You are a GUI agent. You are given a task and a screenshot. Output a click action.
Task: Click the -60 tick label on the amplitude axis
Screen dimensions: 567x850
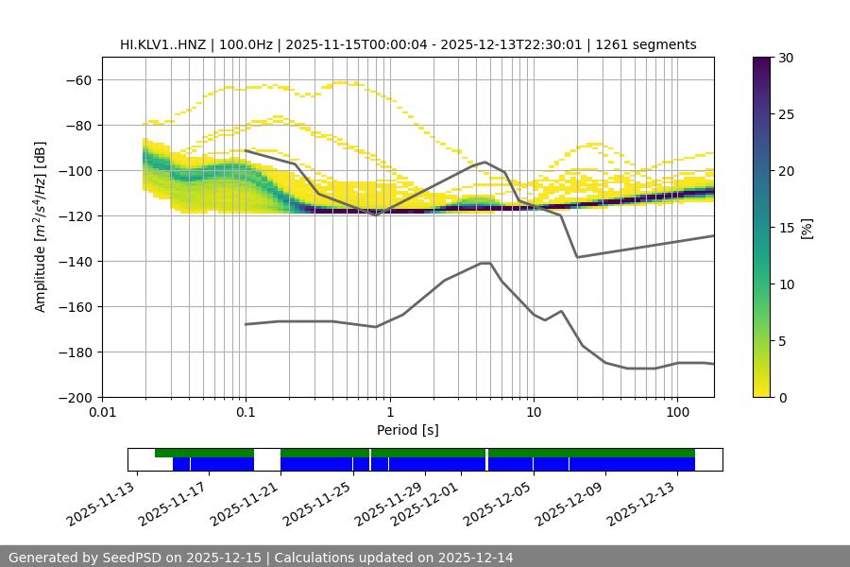76,79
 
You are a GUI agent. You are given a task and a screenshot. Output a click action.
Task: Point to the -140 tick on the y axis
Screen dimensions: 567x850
73,261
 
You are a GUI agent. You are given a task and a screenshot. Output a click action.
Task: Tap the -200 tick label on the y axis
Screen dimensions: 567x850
73,397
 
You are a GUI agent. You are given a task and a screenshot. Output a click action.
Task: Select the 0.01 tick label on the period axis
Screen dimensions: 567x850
102,413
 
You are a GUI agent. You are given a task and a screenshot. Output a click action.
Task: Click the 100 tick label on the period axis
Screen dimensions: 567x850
677,413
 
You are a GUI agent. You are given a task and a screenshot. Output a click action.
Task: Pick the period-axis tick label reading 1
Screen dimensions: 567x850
389,413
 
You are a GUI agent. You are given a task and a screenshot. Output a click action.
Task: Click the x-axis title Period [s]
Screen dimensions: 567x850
407,430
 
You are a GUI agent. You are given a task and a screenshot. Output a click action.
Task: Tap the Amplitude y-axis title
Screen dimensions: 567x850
41,227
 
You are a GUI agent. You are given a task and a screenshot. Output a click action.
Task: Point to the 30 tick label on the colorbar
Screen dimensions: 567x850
786,58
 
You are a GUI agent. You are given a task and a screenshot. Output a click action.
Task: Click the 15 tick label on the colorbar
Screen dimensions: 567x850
786,227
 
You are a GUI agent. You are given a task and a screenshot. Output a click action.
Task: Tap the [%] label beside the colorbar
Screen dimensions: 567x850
806,227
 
